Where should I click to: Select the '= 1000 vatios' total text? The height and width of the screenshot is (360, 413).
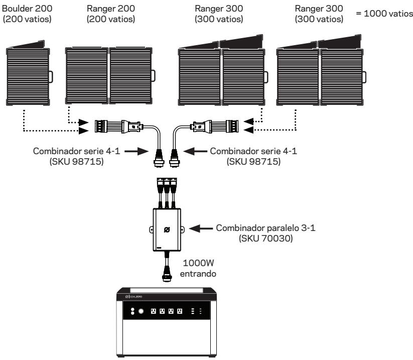pos(384,14)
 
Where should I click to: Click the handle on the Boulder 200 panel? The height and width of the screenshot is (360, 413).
pos(51,77)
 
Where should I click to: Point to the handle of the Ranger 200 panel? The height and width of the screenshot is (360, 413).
pos(153,76)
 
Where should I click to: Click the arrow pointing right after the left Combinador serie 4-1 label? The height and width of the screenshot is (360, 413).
pos(136,151)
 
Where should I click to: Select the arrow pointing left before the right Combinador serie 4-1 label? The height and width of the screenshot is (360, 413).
pos(195,151)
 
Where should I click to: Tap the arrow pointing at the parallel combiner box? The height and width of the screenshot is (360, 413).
pos(201,228)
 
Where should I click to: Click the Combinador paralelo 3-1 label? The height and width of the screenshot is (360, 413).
pos(265,228)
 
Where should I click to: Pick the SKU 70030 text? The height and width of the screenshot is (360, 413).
pos(265,238)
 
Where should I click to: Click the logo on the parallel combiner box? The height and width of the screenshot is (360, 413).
pos(167,229)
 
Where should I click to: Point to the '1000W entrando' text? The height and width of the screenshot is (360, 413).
pos(198,268)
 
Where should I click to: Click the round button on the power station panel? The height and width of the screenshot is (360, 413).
pos(141,311)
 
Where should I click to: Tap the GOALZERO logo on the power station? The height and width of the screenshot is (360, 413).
pos(134,297)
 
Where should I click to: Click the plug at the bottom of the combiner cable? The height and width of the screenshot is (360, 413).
pos(167,274)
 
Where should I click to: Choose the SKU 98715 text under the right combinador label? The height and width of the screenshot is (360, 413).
pos(253,161)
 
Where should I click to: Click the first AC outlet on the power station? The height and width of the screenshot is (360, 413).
pos(153,311)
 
